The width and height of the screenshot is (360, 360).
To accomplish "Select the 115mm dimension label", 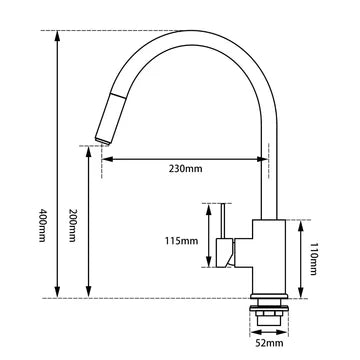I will pos(180,240).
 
